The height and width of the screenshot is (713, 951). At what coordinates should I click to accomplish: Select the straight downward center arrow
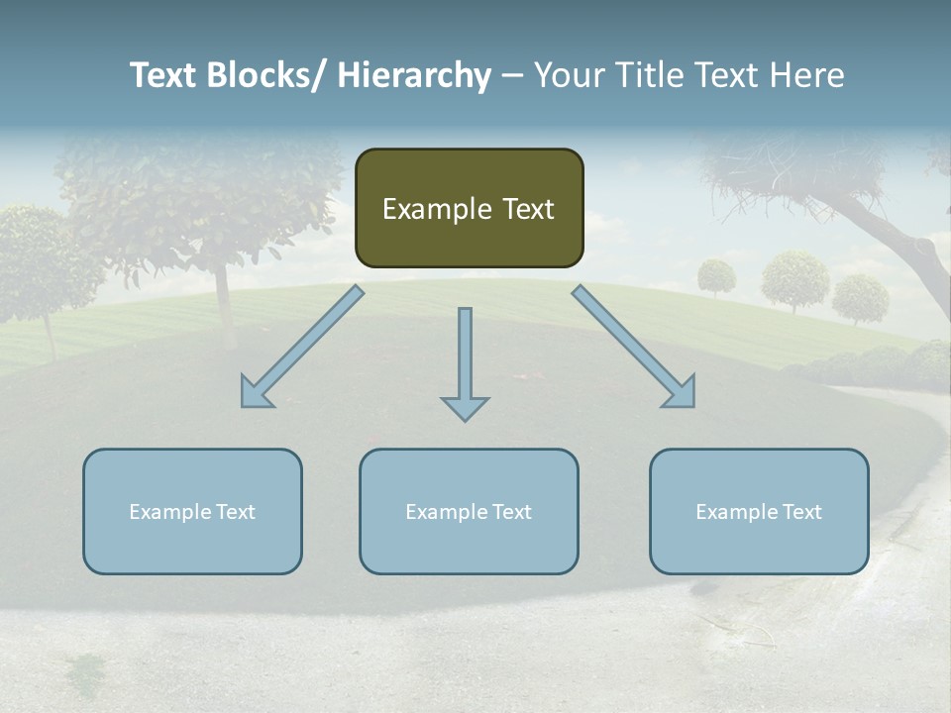(x=465, y=356)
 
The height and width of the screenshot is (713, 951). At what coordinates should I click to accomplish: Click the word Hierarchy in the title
(x=414, y=75)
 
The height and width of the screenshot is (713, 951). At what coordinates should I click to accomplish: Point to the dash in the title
(x=512, y=75)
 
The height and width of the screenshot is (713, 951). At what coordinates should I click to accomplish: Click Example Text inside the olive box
(x=469, y=209)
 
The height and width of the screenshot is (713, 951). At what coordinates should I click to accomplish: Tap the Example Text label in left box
(x=192, y=512)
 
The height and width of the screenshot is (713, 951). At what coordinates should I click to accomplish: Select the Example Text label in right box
(x=759, y=512)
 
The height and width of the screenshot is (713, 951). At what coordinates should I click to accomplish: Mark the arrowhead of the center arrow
(x=465, y=407)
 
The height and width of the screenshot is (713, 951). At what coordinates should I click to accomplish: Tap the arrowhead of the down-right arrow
(x=682, y=394)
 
